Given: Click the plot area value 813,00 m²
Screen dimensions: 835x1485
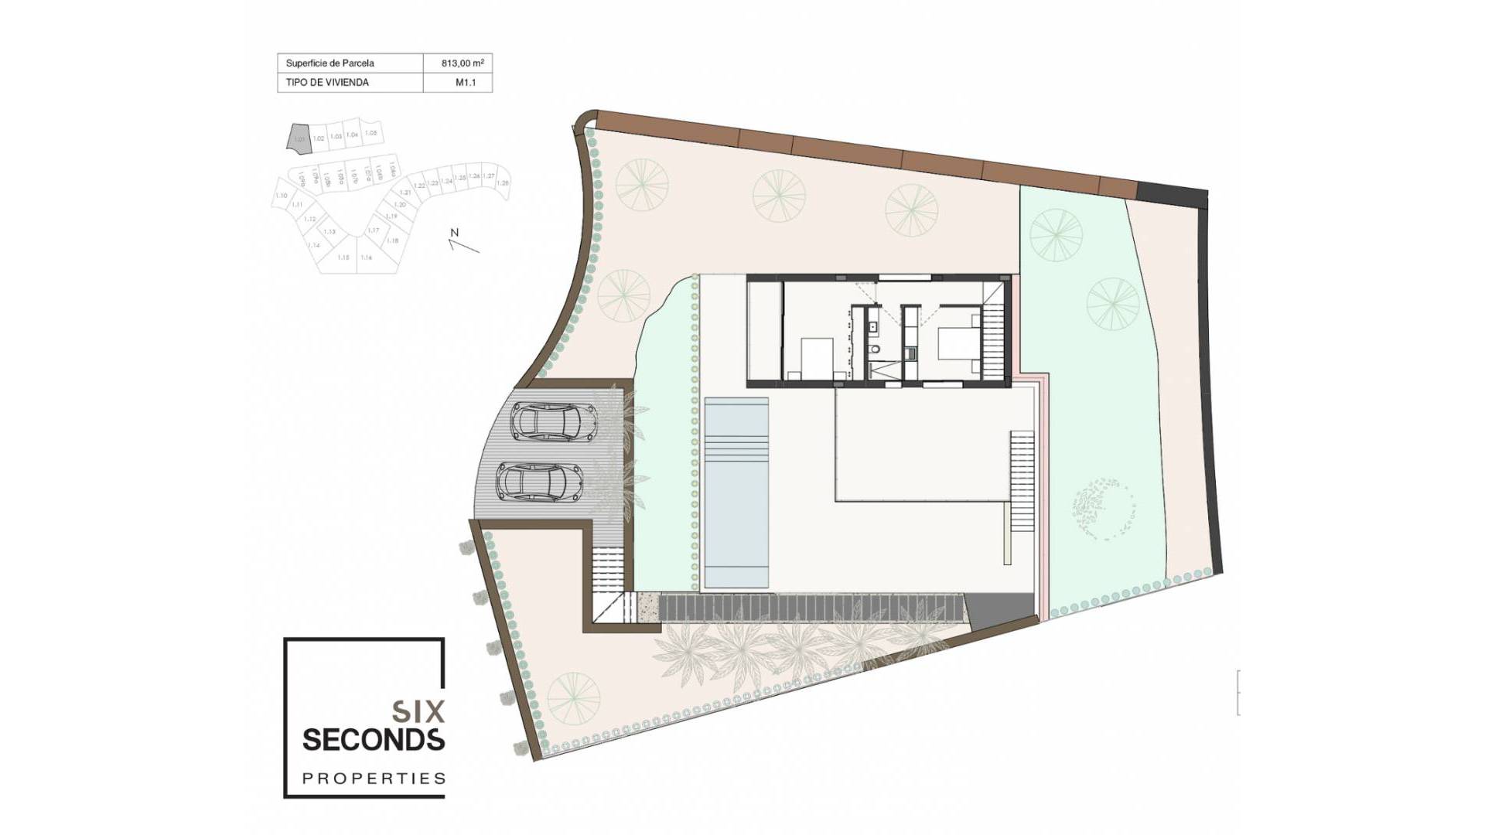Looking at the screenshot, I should (463, 63).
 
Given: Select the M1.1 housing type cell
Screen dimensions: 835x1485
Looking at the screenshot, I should (465, 82).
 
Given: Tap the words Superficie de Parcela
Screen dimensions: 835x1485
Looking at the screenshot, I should (329, 63).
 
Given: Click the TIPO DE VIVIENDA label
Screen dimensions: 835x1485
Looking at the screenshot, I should (327, 82).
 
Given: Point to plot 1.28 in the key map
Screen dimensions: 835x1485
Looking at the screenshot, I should (503, 182).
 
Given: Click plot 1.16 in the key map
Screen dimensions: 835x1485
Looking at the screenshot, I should (367, 257).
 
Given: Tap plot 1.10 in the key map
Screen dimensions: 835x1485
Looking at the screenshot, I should (282, 196).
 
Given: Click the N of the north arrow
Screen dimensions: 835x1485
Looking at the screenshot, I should (455, 233).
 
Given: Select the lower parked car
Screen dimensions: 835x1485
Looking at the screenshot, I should (539, 483).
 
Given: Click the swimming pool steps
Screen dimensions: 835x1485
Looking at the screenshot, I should (736, 448).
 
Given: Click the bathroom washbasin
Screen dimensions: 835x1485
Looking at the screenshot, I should (873, 326).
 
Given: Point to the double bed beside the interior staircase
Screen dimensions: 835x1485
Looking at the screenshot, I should (957, 344).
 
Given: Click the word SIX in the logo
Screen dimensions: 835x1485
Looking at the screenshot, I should (418, 710).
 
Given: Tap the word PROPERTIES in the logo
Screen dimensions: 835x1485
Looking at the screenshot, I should (374, 778).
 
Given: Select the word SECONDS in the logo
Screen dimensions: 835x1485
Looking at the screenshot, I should (374, 739).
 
